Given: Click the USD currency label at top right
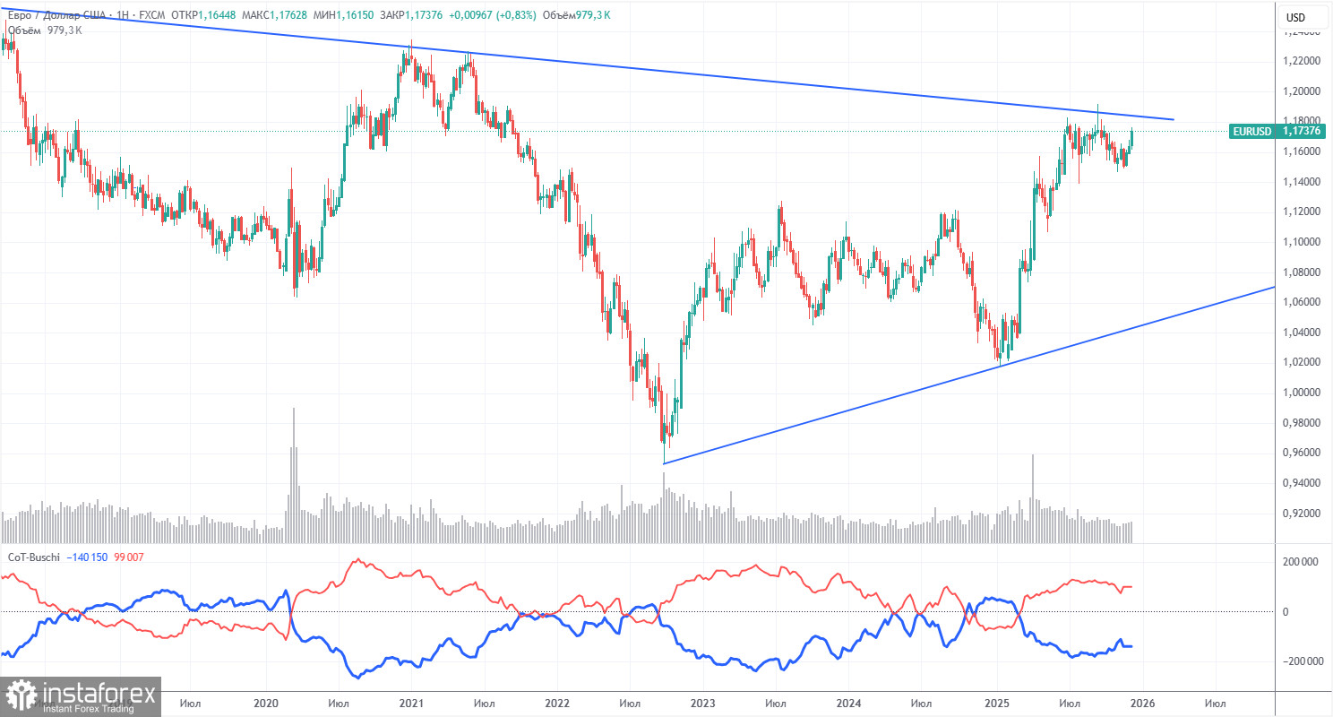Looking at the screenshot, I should pyautogui.click(x=1295, y=17).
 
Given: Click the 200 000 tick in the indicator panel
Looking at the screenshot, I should pyautogui.click(x=1297, y=562).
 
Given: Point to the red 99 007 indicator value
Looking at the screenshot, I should pyautogui.click(x=130, y=557).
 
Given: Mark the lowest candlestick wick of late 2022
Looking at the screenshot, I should pyautogui.click(x=664, y=461).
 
